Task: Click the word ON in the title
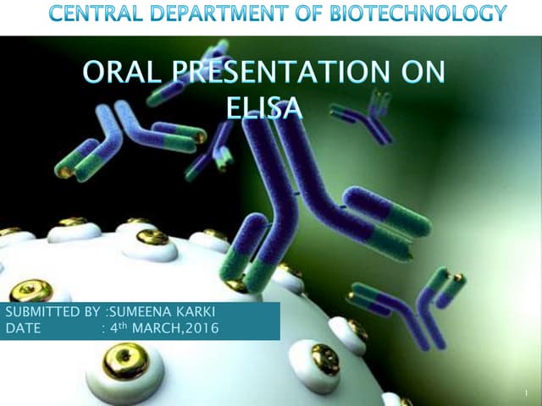point(423,74)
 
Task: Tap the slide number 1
point(525,393)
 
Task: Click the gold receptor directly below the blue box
point(126,361)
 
